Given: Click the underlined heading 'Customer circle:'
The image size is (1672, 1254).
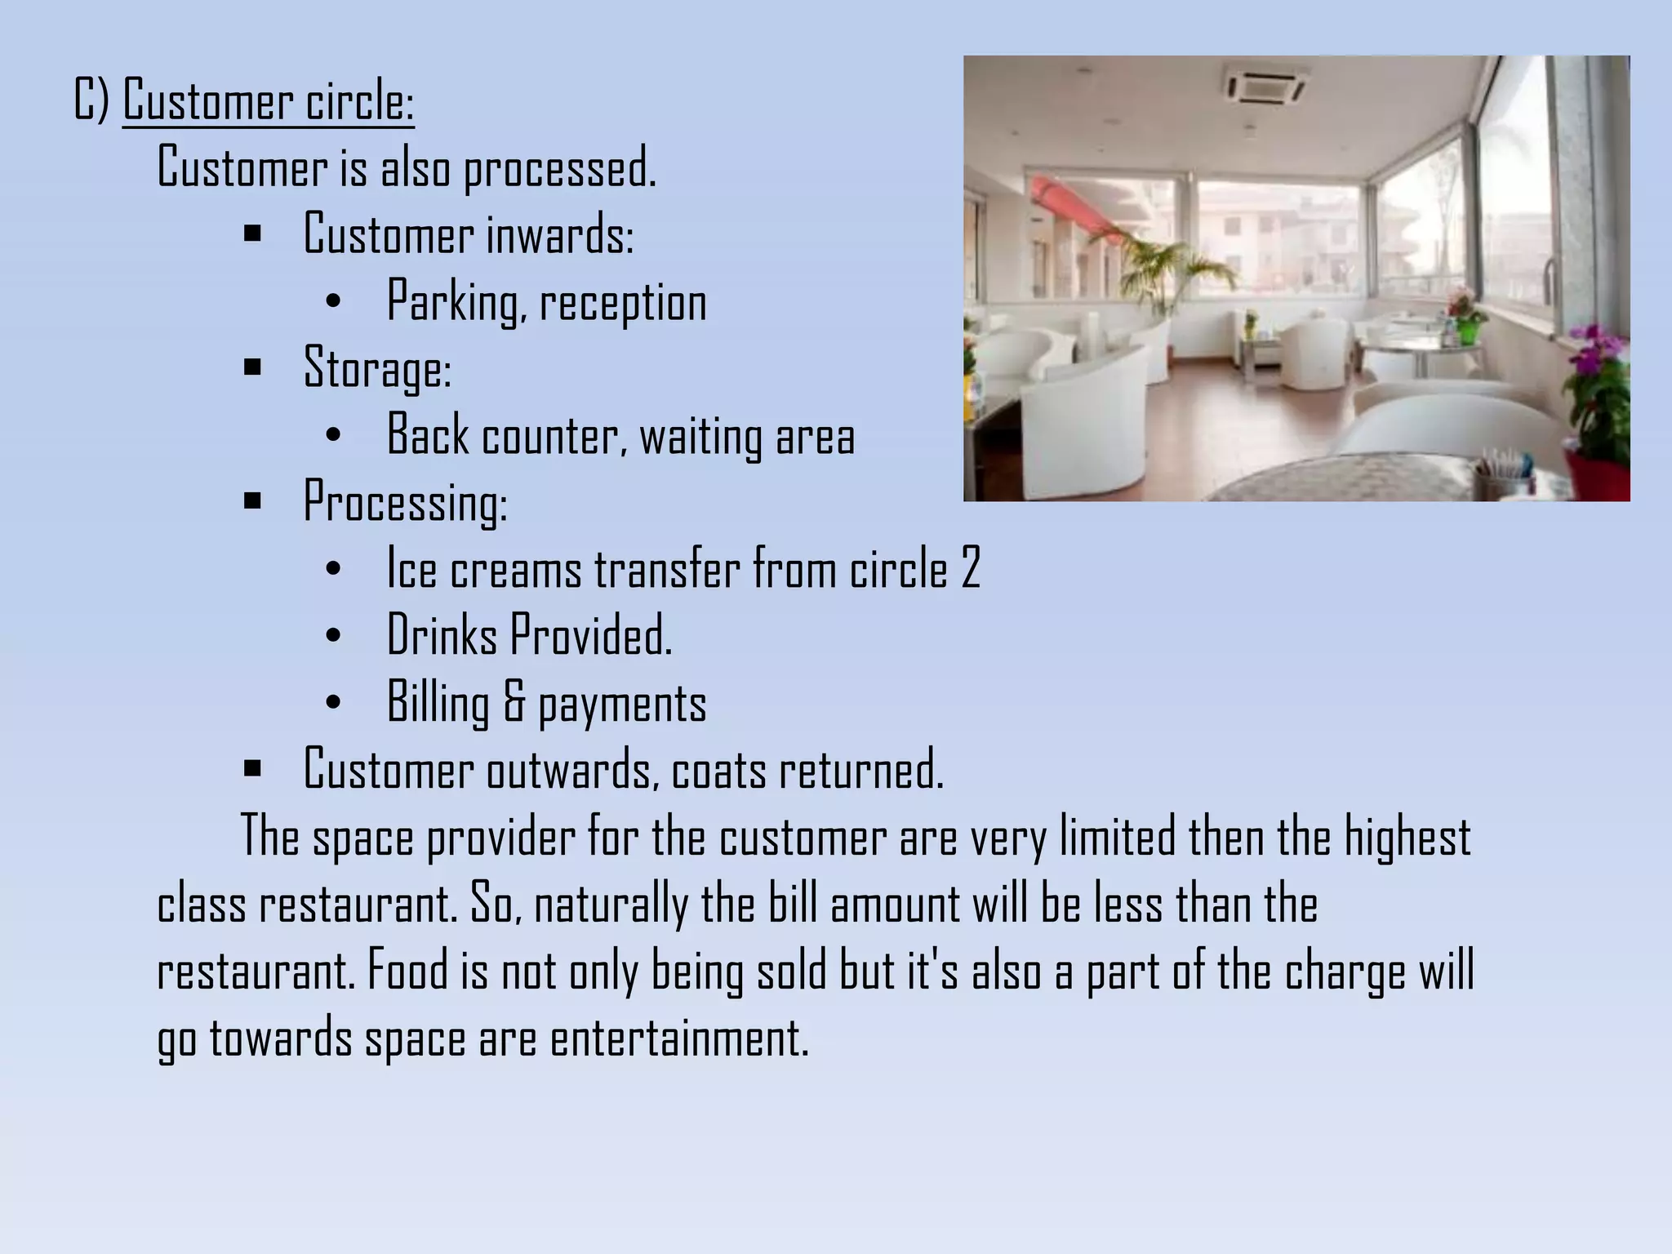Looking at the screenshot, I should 269,101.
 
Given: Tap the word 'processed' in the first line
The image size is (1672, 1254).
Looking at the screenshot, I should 559,167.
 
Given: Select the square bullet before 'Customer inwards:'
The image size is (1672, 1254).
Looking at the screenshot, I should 252,234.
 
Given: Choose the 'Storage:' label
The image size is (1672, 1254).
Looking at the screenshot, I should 377,368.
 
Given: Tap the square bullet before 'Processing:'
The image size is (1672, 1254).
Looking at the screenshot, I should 252,500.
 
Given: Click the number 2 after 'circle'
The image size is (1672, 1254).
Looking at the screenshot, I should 970,568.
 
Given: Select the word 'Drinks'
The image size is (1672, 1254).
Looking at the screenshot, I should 442,635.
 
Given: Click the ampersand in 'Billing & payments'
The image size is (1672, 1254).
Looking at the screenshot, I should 514,702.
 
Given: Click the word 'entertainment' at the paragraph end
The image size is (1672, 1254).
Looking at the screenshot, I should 679,1039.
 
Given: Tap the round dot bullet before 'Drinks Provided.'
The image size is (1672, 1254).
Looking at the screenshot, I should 332,635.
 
